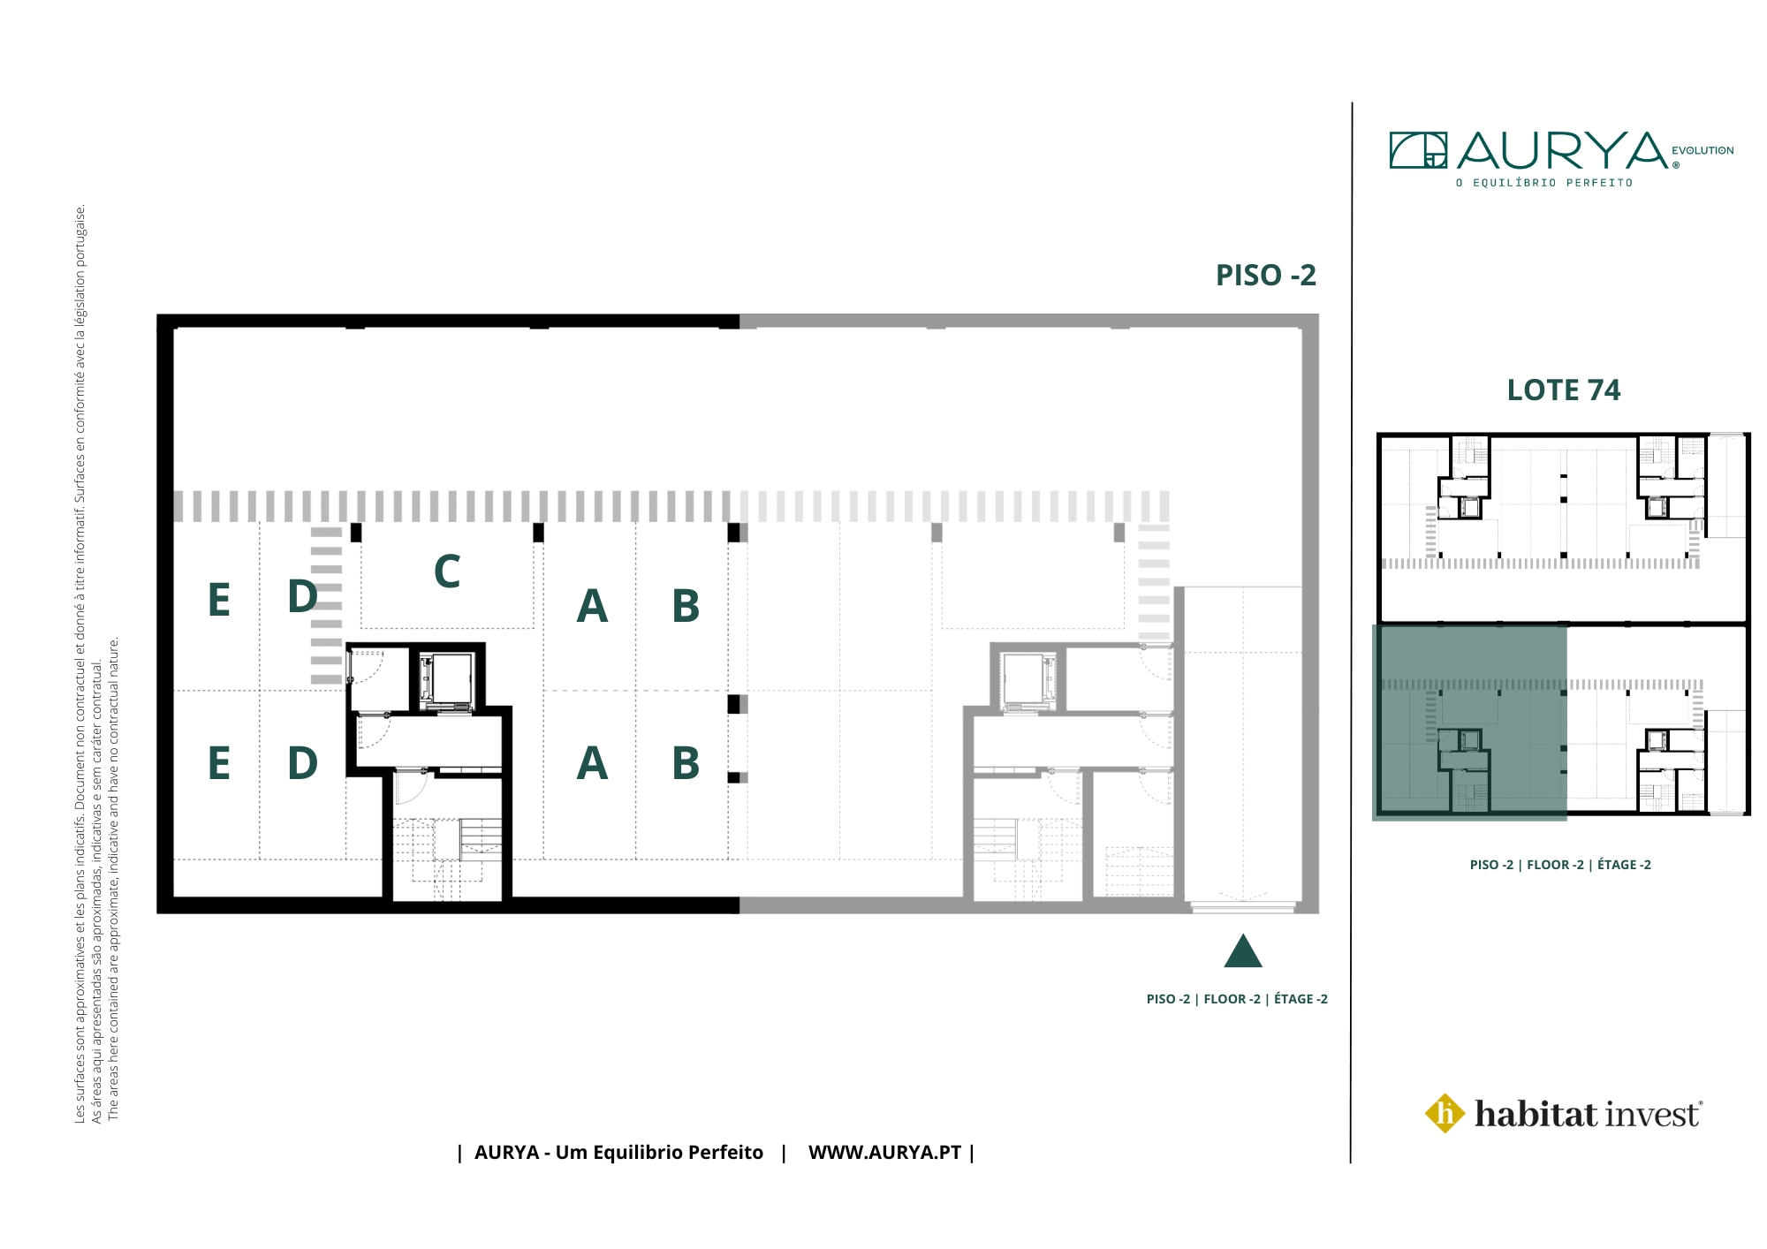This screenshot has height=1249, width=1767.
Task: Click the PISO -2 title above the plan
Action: point(1265,276)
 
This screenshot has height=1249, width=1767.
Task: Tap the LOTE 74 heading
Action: point(1563,390)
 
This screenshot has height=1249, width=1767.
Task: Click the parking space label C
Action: point(447,572)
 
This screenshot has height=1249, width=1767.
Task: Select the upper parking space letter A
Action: point(592,606)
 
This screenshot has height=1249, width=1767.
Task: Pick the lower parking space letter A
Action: point(592,763)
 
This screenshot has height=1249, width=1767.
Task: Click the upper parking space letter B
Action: point(686,606)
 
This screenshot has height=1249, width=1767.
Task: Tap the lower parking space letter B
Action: point(686,763)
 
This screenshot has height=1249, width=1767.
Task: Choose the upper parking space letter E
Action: point(219,601)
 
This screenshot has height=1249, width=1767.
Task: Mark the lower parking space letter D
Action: point(302,763)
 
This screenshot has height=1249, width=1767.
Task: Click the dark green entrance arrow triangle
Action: point(1242,951)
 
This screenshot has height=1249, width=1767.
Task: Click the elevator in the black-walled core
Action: point(447,681)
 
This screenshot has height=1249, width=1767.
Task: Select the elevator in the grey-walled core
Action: point(1028,681)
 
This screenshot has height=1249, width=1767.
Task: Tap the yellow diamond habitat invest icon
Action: point(1445,1113)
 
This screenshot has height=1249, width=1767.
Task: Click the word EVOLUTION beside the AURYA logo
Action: point(1703,151)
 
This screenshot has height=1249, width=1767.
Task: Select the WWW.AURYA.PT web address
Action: point(884,1153)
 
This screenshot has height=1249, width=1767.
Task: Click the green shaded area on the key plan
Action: point(1469,723)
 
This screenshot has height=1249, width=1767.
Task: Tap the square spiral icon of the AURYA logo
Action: point(1418,150)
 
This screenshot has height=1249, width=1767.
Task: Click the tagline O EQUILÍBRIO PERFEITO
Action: point(1544,183)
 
